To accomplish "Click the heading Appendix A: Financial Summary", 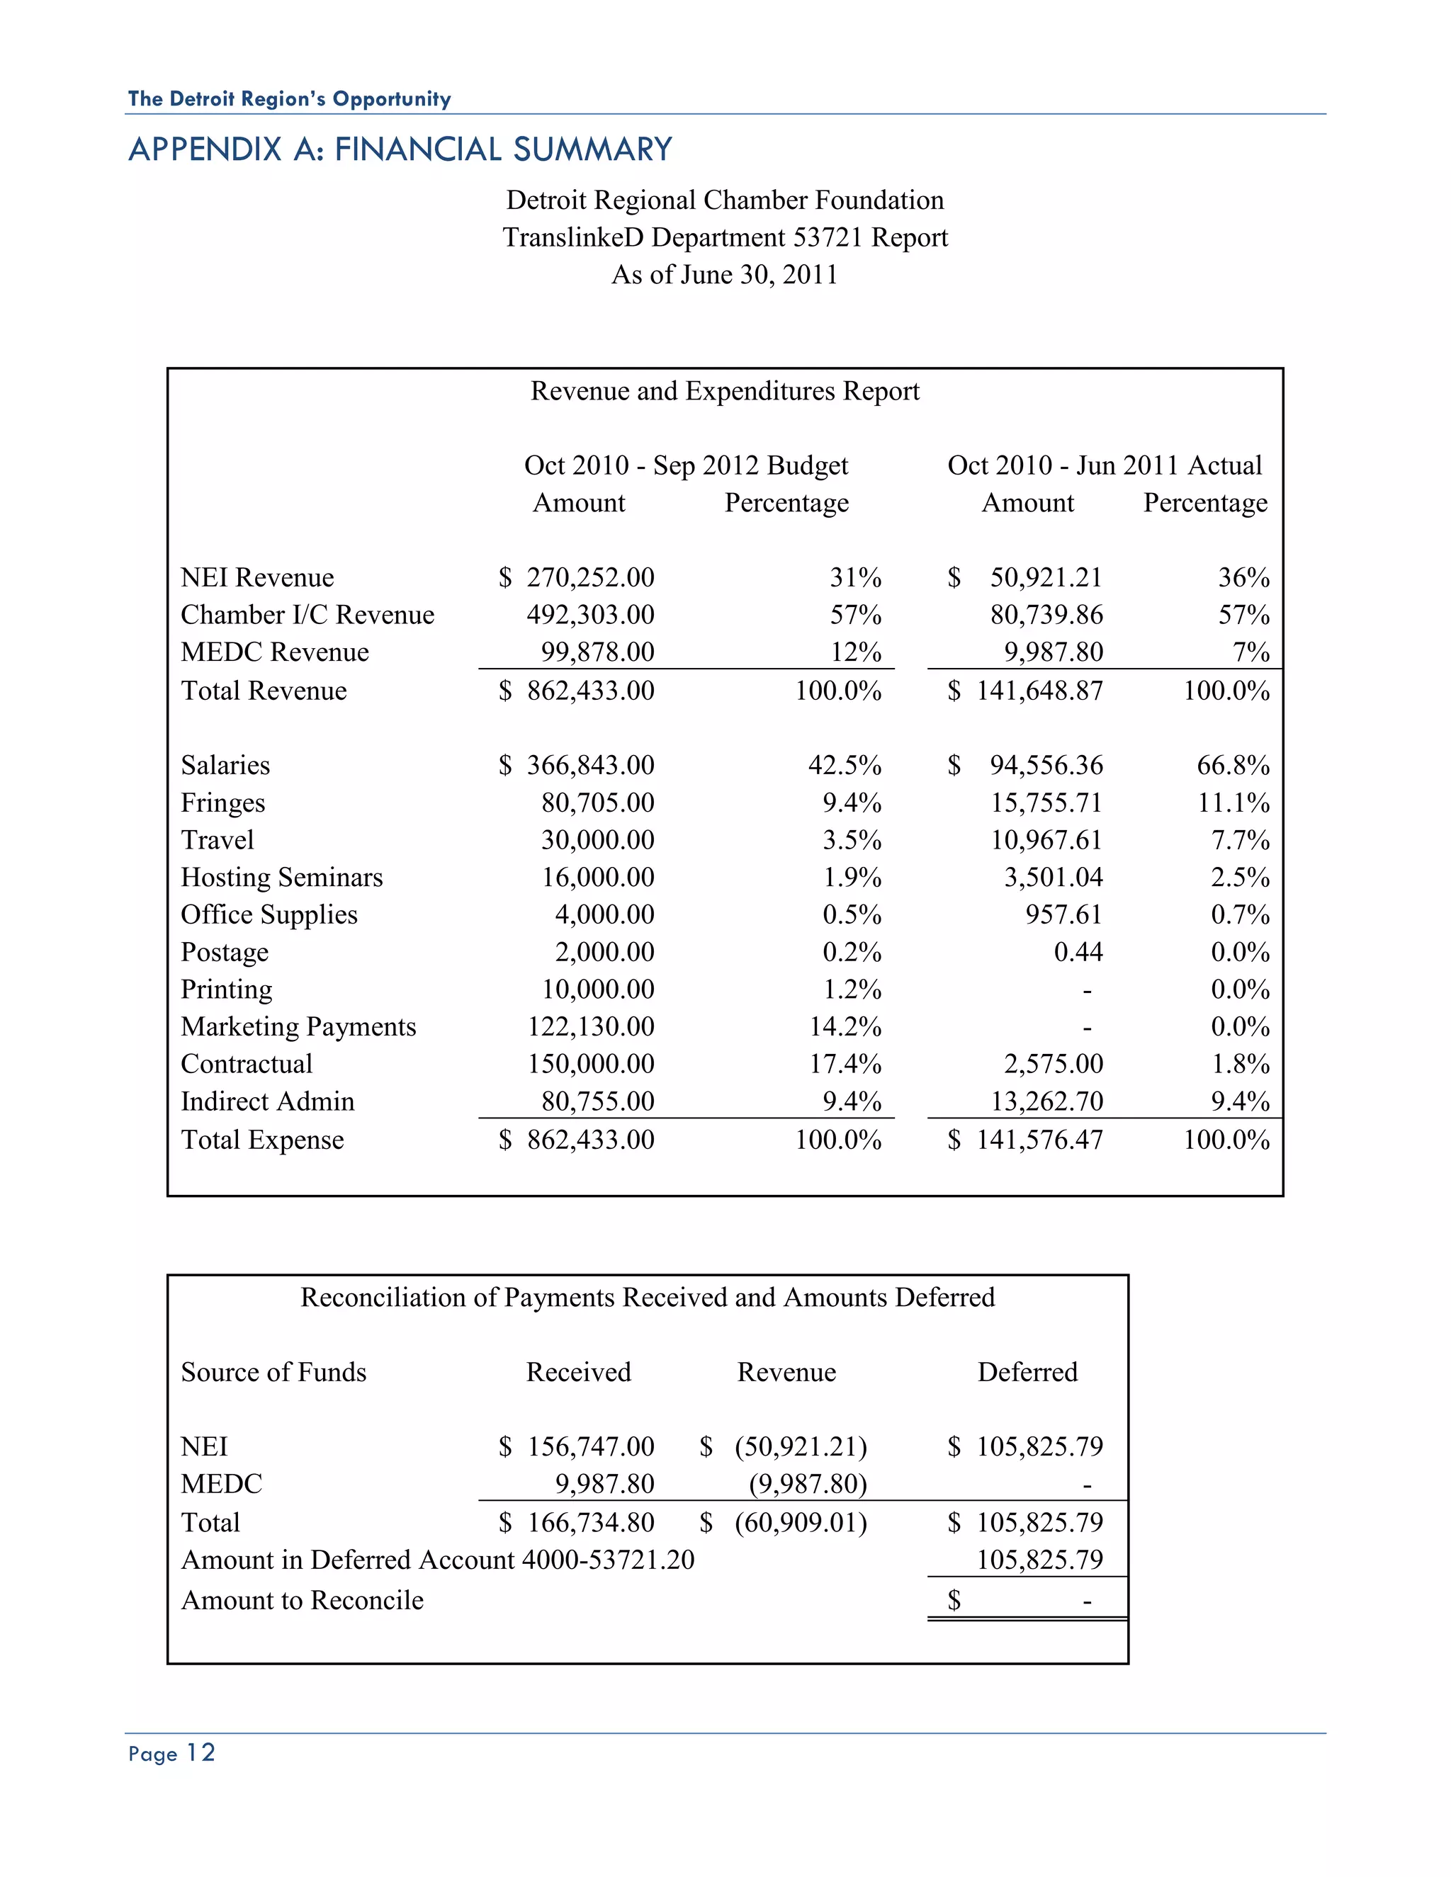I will (400, 149).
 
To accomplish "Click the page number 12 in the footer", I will (201, 1753).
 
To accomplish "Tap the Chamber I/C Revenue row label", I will (307, 615).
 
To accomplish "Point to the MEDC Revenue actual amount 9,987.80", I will (1053, 652).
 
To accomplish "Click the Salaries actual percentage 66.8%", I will (1233, 765).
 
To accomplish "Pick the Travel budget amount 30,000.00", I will (597, 839).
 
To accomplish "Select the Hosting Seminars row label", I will (281, 878).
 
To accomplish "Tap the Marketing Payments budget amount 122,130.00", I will (591, 1027).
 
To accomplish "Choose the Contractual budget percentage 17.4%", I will (845, 1064).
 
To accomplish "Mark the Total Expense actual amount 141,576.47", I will (1039, 1140).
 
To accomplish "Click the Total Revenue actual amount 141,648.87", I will (1039, 691).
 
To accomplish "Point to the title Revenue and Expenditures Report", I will (725, 392).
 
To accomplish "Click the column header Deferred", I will (1027, 1373).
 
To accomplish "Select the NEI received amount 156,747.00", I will (591, 1447).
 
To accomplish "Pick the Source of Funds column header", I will (273, 1373).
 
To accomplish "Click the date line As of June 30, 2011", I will (725, 275).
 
